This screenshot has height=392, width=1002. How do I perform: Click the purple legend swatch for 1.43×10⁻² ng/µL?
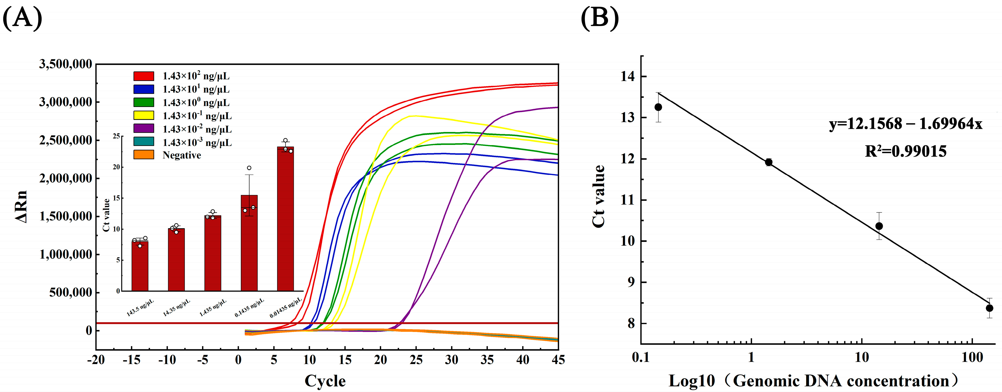(x=143, y=128)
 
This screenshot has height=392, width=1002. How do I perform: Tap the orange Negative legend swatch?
(x=143, y=155)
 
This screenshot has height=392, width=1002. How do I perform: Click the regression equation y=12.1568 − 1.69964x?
(x=905, y=124)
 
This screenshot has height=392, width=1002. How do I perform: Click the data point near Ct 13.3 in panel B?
(x=658, y=107)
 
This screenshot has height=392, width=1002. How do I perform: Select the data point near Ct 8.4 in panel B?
(x=989, y=308)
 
